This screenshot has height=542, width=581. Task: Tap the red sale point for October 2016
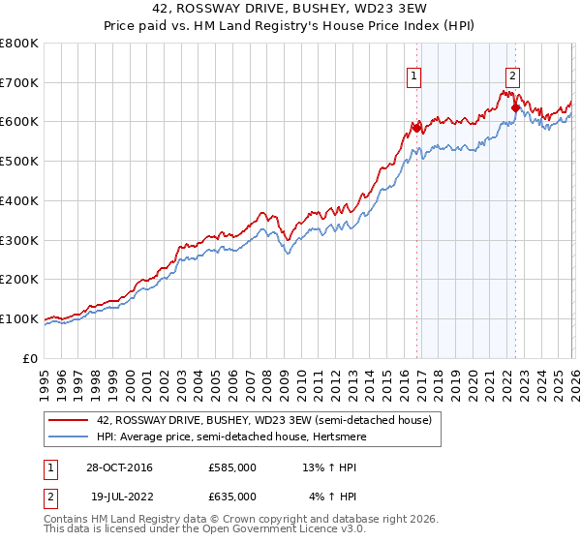417,127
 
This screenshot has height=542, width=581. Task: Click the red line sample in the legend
69,420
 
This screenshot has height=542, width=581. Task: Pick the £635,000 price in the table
231,497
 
